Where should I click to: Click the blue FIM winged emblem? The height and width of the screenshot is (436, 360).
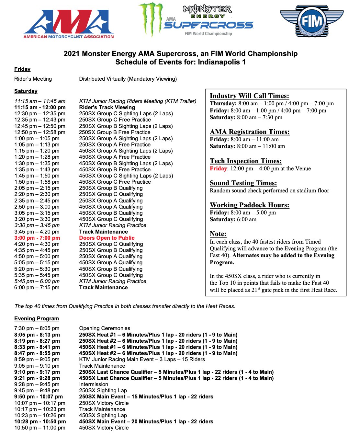tap(311, 21)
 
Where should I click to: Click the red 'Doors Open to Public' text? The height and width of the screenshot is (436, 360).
tap(107, 238)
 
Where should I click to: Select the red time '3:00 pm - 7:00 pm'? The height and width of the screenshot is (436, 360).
tap(37, 238)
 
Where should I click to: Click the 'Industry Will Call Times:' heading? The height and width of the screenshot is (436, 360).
tap(249, 96)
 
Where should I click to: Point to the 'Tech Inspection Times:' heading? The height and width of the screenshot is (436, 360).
tap(246, 161)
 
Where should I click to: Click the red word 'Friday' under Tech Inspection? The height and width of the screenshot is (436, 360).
tap(219, 168)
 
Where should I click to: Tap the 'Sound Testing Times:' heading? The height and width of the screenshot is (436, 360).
tap(243, 183)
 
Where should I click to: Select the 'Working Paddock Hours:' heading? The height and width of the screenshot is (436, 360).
tap(249, 205)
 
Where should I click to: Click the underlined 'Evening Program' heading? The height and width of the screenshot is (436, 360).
tap(37, 319)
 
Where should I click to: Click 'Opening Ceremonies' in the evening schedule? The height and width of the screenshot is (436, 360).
tap(105, 328)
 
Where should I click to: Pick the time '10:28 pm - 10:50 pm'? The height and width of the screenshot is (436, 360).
tap(40, 421)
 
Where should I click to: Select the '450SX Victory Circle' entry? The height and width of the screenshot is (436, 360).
tap(104, 428)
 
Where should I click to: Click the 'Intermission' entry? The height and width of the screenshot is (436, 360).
tap(94, 384)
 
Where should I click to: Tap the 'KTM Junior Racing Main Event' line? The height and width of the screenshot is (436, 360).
tap(142, 359)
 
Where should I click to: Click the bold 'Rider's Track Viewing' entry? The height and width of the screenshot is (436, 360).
tap(107, 107)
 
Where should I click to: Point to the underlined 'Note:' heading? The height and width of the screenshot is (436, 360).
tap(218, 234)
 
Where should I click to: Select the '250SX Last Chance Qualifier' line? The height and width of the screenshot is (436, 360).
tap(176, 372)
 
